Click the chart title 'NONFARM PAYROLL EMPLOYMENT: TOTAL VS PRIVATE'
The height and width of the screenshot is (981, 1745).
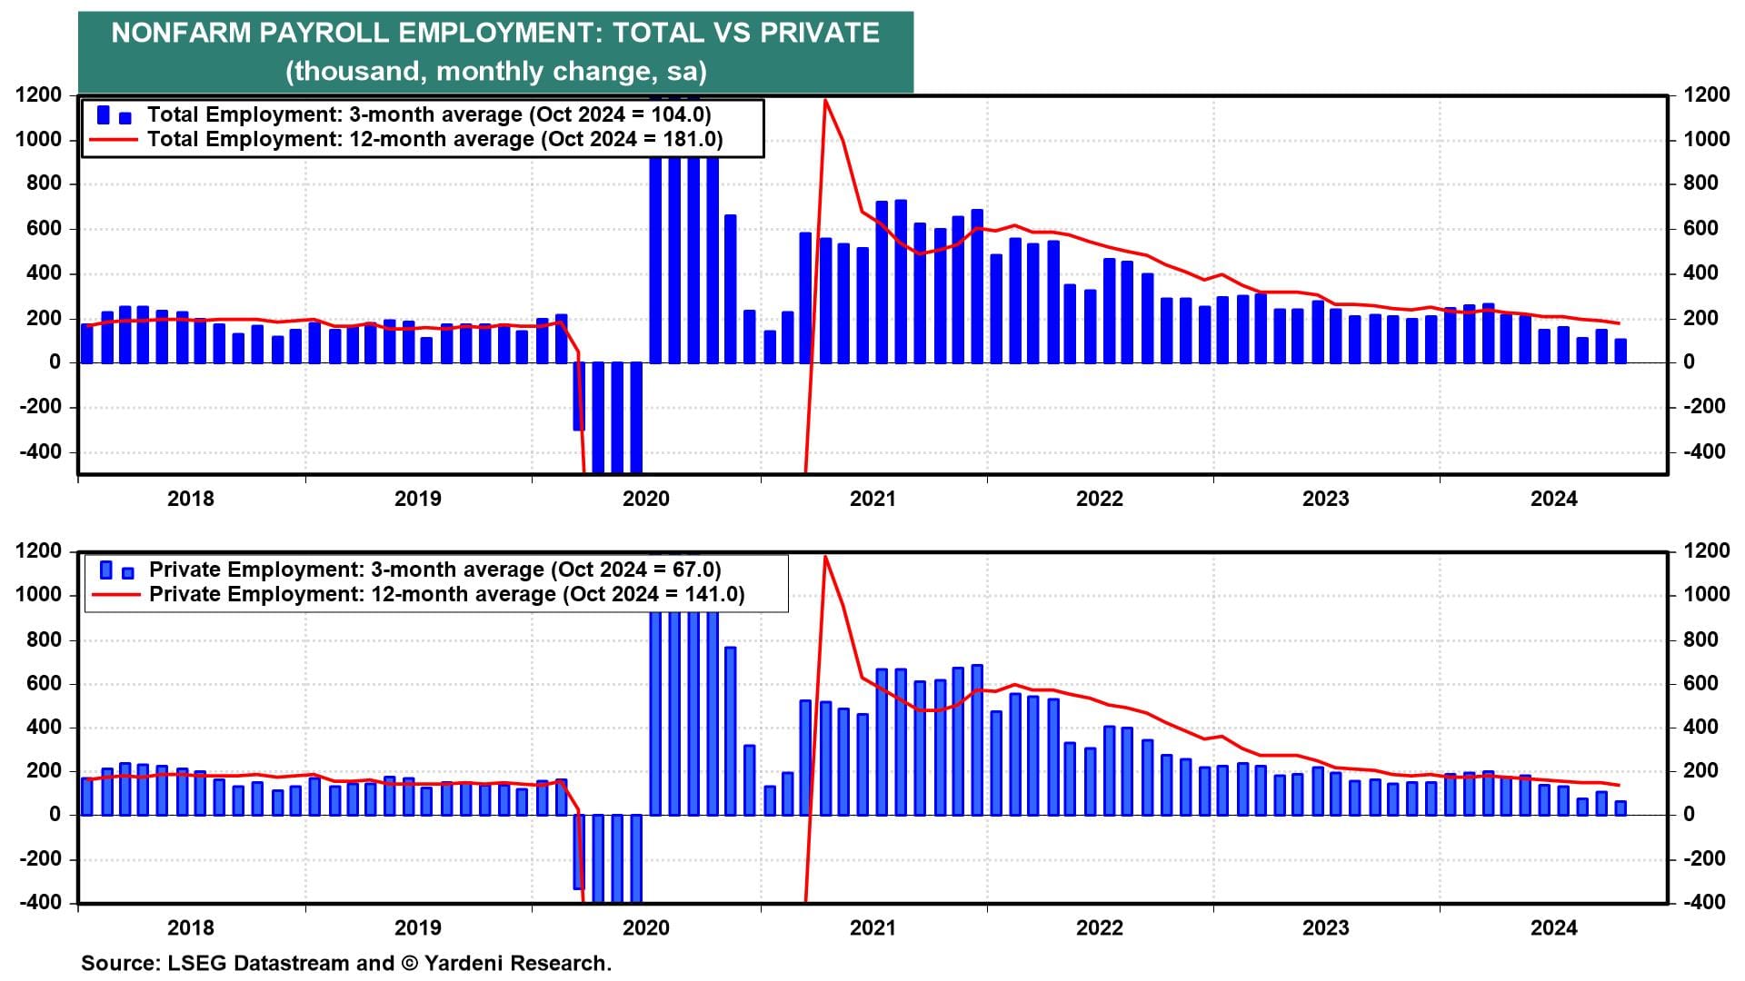[495, 33]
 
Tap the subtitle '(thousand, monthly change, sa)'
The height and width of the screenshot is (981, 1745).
[495, 71]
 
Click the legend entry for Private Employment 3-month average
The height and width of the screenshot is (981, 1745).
[434, 570]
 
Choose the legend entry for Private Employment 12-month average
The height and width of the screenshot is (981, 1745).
[446, 594]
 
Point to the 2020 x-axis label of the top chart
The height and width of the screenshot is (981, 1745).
[645, 499]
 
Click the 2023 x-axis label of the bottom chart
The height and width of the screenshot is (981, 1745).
[1326, 927]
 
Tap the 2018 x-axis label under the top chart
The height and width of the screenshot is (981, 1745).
[191, 499]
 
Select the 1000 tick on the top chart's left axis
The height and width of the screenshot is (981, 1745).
[38, 140]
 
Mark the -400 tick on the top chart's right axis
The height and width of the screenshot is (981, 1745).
[1704, 451]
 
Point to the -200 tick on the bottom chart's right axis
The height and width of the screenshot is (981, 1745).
[1704, 858]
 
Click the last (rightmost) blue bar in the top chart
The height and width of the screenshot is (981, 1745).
[1620, 352]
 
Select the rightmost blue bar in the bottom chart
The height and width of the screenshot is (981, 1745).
[1620, 808]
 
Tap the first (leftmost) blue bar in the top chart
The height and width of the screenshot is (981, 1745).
[87, 343]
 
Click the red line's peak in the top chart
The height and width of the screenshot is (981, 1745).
[825, 100]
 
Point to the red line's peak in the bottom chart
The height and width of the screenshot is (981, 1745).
[825, 556]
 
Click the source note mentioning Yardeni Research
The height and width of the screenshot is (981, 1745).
[346, 963]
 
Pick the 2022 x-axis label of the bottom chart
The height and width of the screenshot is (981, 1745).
[1100, 927]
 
